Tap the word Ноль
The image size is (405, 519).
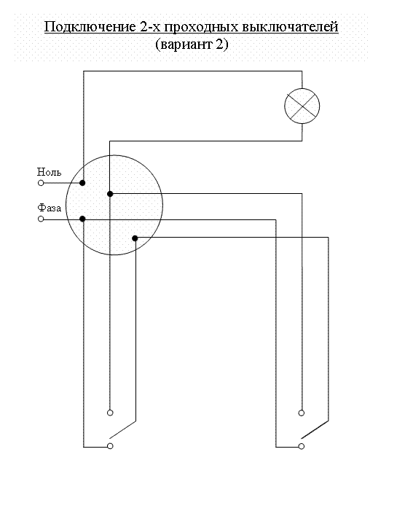[x=49, y=172]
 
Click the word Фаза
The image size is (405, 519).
[x=50, y=208]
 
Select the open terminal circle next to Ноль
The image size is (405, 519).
[x=41, y=183]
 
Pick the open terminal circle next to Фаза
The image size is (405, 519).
[x=41, y=219]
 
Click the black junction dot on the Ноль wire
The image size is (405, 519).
[x=82, y=183]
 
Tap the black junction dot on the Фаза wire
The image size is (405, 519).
[x=83, y=219]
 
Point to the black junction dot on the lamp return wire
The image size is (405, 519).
[x=110, y=194]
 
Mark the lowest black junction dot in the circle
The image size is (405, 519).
[x=135, y=238]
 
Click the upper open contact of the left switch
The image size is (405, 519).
[x=110, y=413]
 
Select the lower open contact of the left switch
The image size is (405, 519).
[x=110, y=446]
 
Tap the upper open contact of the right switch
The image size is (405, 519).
[x=302, y=413]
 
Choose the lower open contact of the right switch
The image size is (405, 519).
[x=302, y=446]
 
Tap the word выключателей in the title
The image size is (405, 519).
[x=290, y=27]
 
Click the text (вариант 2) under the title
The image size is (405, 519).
[x=192, y=44]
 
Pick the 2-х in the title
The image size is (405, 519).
[x=150, y=26]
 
